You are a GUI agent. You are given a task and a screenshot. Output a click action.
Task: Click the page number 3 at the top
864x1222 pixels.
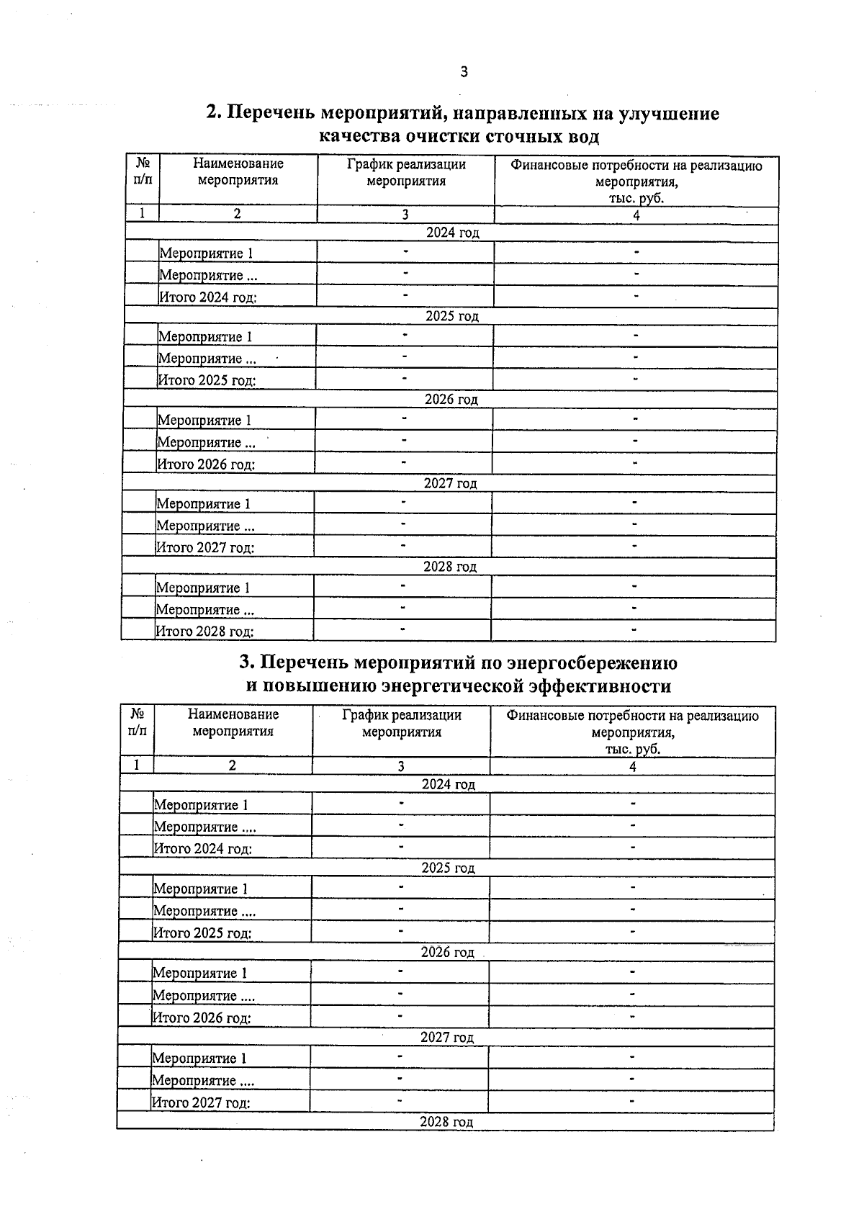464,71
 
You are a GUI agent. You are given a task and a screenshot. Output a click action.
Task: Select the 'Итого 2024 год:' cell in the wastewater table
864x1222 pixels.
207,297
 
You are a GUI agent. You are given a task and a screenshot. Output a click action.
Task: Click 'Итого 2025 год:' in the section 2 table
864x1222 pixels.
207,380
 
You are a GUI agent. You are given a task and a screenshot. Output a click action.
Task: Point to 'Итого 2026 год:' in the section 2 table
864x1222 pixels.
206,464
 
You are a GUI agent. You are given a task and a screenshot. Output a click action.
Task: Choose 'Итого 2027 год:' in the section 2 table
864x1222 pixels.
205,548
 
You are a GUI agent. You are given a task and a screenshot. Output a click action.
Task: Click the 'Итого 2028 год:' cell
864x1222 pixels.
205,632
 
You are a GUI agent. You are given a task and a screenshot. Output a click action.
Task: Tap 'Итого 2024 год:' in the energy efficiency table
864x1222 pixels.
202,849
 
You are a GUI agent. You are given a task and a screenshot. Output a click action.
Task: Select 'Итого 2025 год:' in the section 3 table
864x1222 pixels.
202,933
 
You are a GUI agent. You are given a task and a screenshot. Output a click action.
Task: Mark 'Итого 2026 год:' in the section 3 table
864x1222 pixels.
201,1018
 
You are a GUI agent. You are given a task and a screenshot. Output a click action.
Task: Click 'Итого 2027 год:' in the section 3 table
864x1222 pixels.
200,1102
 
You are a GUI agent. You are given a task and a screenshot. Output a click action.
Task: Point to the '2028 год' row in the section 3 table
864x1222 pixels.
446,1122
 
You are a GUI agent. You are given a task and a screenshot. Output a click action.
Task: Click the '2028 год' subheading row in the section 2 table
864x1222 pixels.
450,567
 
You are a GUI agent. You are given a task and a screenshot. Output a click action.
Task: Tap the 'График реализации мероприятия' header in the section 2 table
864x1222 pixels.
406,173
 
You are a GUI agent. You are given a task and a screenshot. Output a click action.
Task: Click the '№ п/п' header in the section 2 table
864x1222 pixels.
143,171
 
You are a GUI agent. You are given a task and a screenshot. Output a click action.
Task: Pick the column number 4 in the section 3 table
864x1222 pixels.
632,767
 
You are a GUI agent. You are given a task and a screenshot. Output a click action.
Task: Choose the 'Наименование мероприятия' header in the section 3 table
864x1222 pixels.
233,722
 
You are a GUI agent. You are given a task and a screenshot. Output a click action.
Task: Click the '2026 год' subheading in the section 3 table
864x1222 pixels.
447,953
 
